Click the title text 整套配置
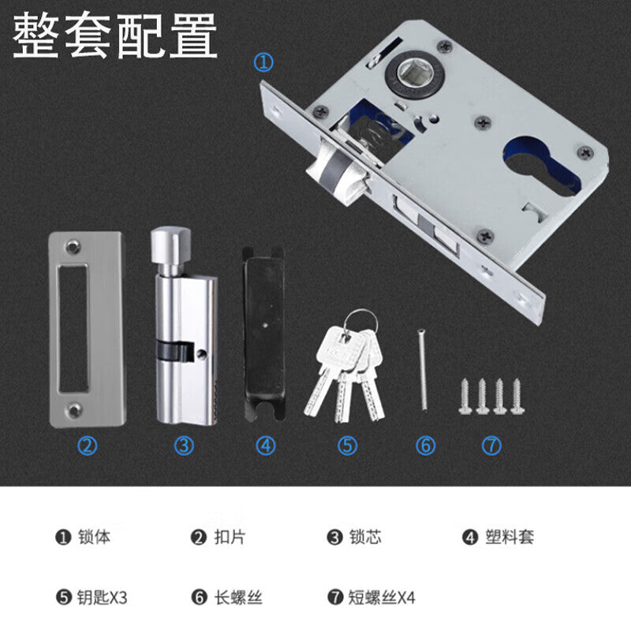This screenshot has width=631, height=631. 115,35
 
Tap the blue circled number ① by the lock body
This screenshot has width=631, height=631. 263,63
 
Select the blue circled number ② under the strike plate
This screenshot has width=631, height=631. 87,446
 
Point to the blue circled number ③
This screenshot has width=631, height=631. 184,446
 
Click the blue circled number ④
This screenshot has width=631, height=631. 266,446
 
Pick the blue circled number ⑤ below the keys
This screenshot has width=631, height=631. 347,446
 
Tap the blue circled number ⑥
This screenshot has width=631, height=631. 425,446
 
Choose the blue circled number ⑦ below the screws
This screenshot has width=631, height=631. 491,446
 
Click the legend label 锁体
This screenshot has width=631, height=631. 94,537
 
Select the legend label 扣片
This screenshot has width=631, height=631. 230,537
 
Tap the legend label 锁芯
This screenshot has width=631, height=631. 365,537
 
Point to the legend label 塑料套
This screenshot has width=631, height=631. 510,537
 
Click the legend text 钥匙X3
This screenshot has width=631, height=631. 103,597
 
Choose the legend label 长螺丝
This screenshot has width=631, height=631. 238,597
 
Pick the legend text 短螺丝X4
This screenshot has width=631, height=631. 382,597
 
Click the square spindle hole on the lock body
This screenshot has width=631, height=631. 415,73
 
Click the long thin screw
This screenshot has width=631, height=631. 422,370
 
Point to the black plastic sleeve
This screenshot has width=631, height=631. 263,334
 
